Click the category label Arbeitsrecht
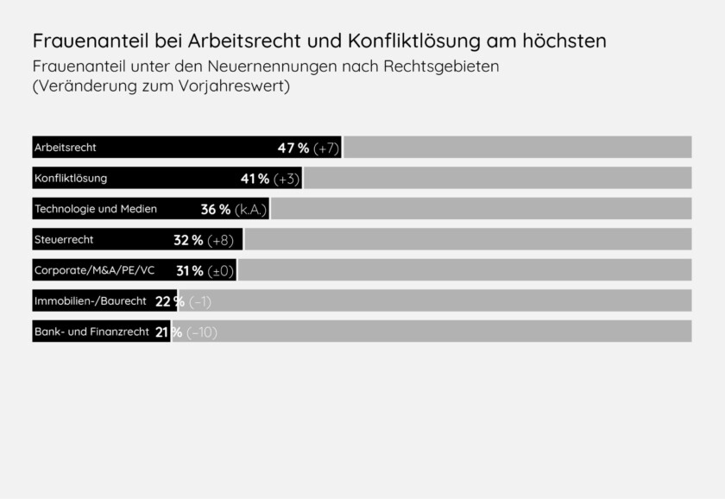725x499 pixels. (x=66, y=148)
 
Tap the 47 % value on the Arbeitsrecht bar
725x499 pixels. (x=293, y=148)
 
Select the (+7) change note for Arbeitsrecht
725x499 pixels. (x=326, y=148)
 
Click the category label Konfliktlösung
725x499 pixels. (x=71, y=179)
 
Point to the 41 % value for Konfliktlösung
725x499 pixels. (x=255, y=179)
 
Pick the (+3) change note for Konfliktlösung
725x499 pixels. (x=287, y=179)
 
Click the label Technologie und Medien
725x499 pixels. (x=96, y=209)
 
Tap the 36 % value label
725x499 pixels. (x=215, y=209)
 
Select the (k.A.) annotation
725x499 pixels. (x=251, y=209)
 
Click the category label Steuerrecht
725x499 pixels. (x=64, y=239)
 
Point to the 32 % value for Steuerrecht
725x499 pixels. (x=188, y=240)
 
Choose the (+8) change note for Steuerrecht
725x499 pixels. (x=221, y=240)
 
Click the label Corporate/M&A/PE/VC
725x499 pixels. (x=95, y=270)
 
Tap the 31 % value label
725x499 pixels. (x=189, y=270)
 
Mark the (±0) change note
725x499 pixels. (x=221, y=270)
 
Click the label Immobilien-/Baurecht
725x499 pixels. (x=91, y=301)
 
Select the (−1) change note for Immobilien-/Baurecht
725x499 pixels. (x=200, y=301)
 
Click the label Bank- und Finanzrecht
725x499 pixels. (x=92, y=332)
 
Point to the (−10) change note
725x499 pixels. (x=202, y=332)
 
